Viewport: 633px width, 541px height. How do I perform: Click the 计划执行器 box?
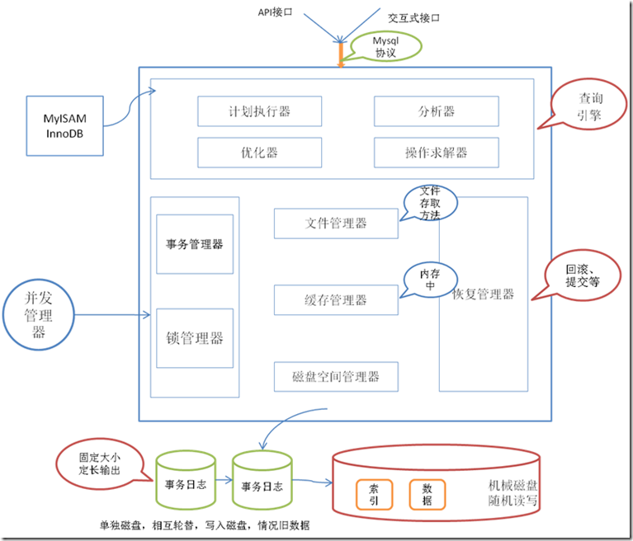(260, 111)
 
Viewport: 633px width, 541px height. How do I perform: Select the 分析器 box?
(437, 111)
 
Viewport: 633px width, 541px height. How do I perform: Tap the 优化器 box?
(260, 153)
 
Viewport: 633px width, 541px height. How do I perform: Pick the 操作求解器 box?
(437, 153)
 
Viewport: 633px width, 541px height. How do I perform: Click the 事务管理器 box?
(195, 244)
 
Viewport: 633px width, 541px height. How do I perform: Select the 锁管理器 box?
(195, 338)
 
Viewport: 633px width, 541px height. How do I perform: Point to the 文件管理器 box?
(335, 223)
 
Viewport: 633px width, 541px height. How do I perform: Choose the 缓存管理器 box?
(335, 300)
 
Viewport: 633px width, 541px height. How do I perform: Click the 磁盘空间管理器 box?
(335, 377)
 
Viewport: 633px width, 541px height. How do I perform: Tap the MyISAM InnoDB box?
(65, 125)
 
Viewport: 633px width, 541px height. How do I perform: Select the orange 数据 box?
(428, 492)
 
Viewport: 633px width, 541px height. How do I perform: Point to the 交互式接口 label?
(413, 16)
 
